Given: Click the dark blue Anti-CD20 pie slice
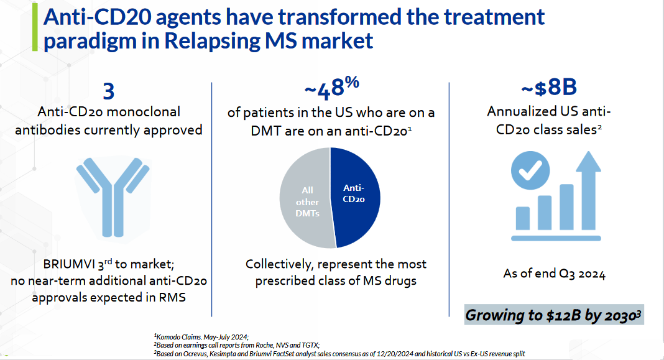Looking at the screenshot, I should click(x=357, y=195).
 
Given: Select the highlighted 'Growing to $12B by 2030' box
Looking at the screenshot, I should click(x=554, y=315).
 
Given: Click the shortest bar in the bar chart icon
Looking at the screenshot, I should click(x=523, y=218).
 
